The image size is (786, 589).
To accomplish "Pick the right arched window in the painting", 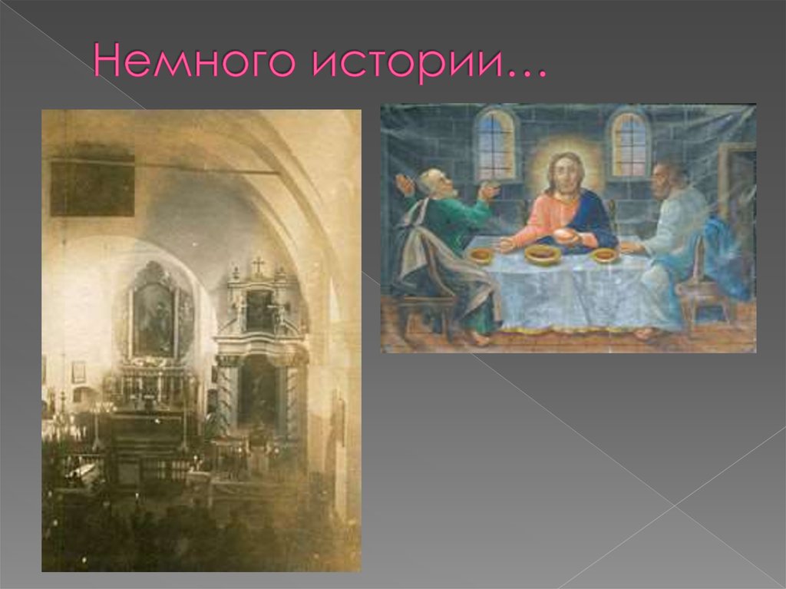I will click(x=629, y=144).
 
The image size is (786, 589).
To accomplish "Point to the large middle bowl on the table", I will click(x=543, y=254).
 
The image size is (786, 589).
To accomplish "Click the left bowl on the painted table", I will click(x=481, y=255).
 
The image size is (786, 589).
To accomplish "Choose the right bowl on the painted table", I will click(x=605, y=254).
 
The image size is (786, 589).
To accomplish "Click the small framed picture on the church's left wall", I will click(x=78, y=372).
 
